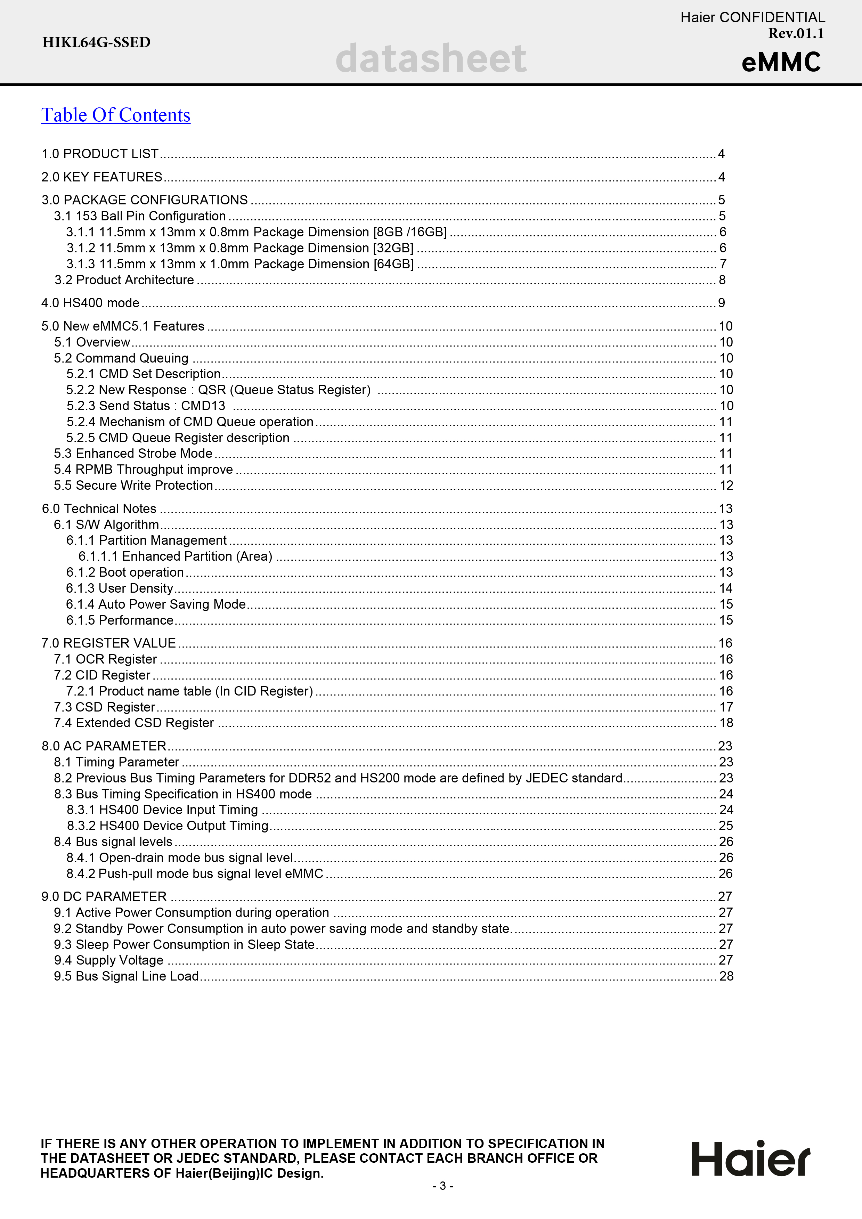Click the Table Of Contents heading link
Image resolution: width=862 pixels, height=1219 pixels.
click(116, 115)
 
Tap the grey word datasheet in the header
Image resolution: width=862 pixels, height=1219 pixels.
click(431, 58)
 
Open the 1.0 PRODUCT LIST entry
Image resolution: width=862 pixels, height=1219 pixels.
click(100, 154)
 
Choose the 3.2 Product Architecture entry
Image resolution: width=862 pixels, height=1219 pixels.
click(124, 280)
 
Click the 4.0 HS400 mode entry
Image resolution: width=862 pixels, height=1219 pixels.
click(90, 303)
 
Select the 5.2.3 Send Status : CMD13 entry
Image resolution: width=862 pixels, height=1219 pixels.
click(146, 406)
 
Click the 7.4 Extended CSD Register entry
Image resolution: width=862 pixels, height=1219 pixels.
click(134, 723)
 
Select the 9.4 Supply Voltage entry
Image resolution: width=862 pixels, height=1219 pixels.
click(109, 960)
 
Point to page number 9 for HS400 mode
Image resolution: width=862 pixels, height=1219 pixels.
click(721, 303)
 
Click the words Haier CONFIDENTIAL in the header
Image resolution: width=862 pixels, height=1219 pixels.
click(752, 17)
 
